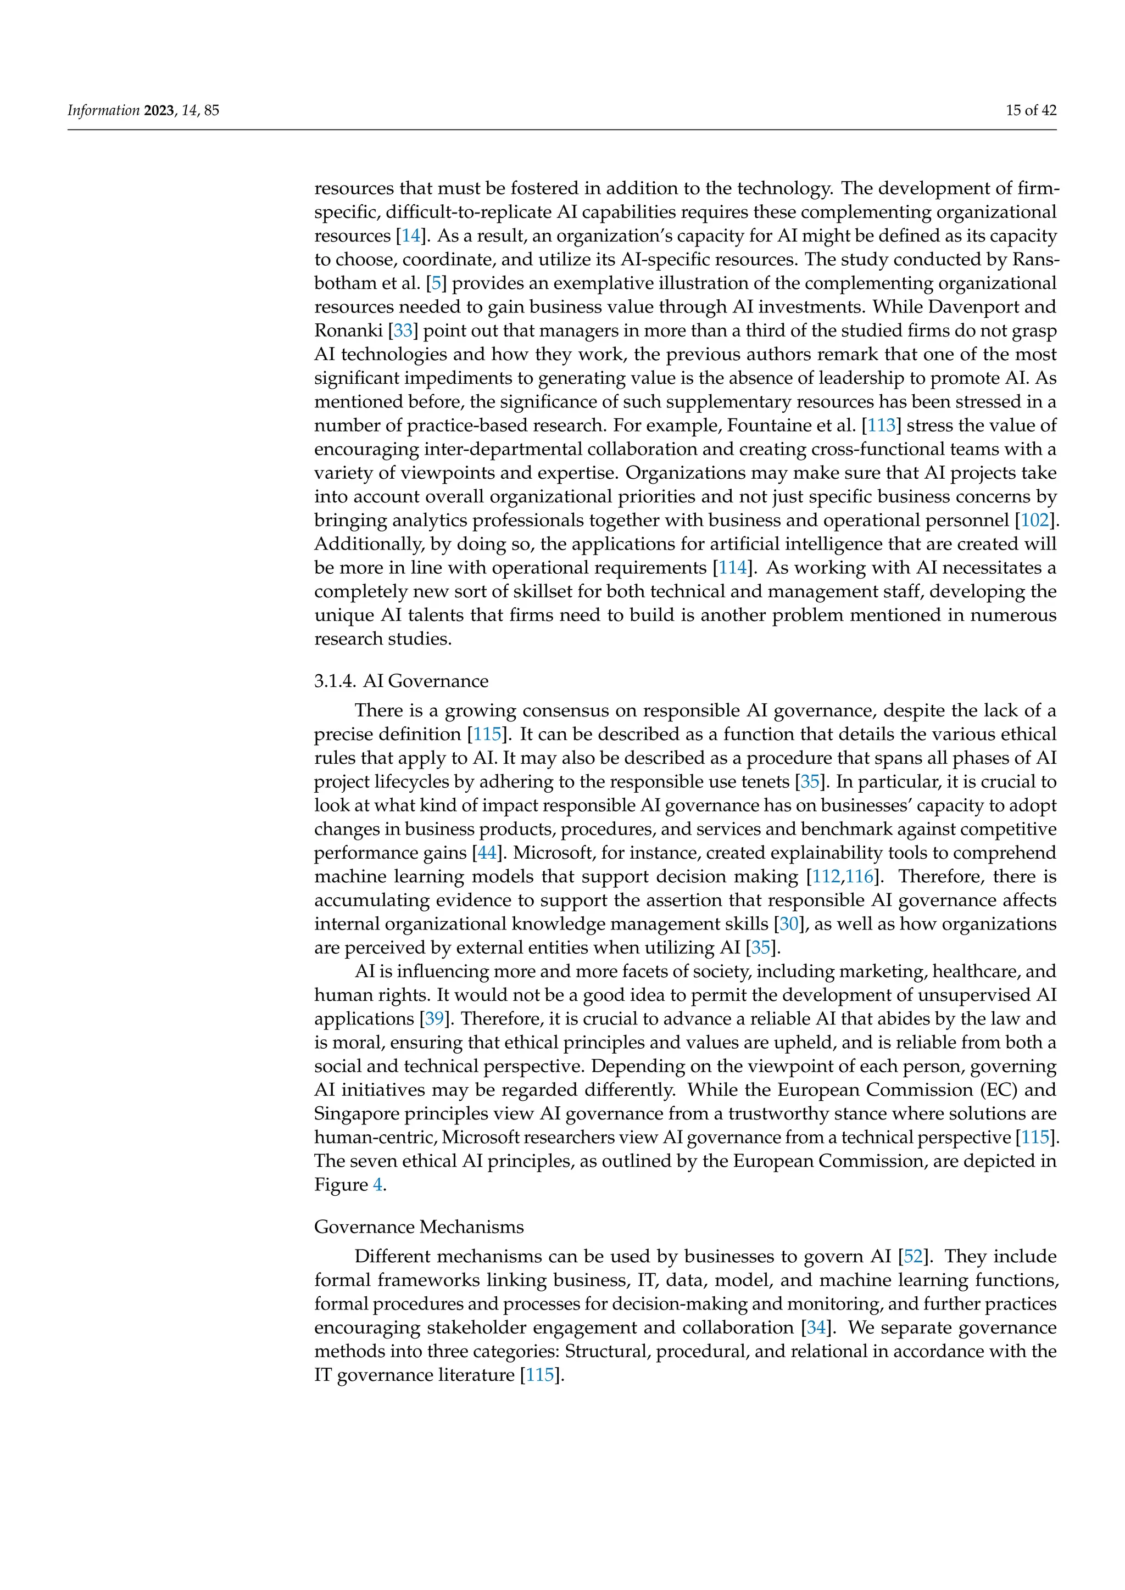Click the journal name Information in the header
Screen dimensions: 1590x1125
103,110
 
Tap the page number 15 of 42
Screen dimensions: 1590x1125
1031,110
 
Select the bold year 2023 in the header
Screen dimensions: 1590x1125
159,110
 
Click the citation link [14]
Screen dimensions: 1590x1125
411,236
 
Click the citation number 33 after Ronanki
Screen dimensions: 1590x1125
403,331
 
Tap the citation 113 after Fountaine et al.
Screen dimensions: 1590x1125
881,425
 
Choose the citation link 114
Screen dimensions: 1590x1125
733,567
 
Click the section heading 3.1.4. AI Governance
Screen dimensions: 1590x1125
401,681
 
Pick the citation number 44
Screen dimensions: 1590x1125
487,853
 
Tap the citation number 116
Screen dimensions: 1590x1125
859,876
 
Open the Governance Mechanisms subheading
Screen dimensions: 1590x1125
419,1227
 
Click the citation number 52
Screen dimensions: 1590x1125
913,1256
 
